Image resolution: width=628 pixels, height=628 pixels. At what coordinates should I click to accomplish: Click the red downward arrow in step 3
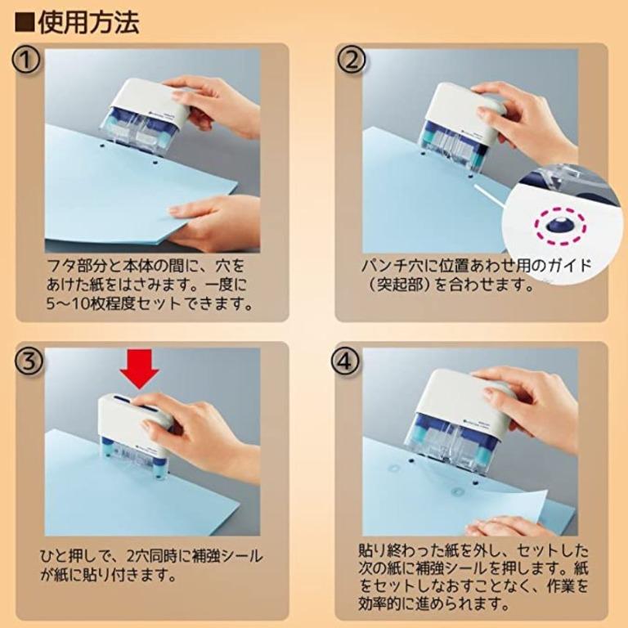tap(141, 370)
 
